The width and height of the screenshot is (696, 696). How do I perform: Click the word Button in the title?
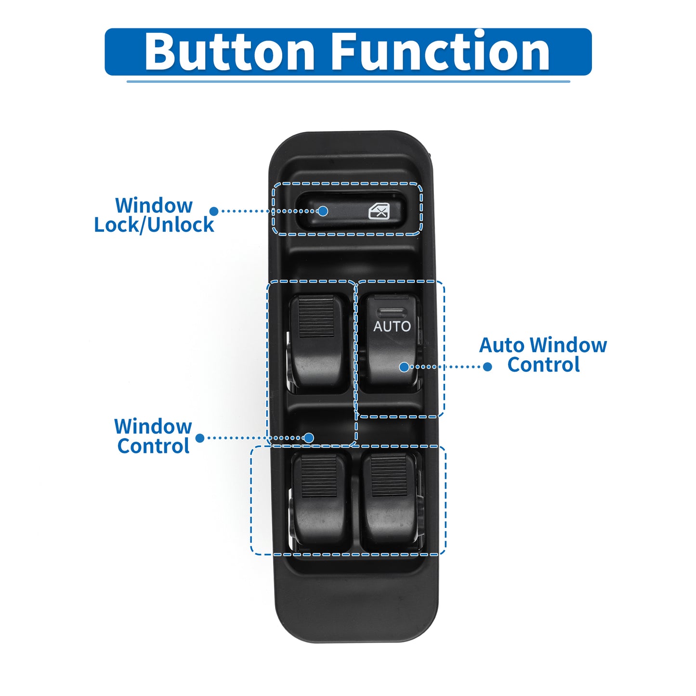pyautogui.click(x=229, y=51)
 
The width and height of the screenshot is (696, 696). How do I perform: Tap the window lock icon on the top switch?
pyautogui.click(x=379, y=211)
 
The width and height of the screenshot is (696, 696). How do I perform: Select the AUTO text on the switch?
pyautogui.click(x=392, y=326)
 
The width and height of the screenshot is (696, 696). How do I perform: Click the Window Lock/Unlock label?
pyautogui.click(x=154, y=215)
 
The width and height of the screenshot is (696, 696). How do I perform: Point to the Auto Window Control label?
pyautogui.click(x=543, y=355)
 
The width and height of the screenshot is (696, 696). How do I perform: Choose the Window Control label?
pyautogui.click(x=153, y=436)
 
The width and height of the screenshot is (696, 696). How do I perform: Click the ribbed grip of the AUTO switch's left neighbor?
pyautogui.click(x=316, y=316)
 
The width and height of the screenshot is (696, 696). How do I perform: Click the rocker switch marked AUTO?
pyautogui.click(x=389, y=343)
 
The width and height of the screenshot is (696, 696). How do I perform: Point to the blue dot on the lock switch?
pyautogui.click(x=323, y=211)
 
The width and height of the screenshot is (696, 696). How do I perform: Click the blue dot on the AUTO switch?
pyautogui.click(x=404, y=367)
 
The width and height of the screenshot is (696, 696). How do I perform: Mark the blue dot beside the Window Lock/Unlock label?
pyautogui.click(x=214, y=211)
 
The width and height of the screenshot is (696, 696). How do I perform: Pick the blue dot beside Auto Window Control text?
pyautogui.click(x=487, y=367)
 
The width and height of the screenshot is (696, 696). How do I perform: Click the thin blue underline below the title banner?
pyautogui.click(x=348, y=81)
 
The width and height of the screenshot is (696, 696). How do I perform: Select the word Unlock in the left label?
pyautogui.click(x=181, y=224)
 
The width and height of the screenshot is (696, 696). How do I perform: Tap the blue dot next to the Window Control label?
pyautogui.click(x=200, y=438)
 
